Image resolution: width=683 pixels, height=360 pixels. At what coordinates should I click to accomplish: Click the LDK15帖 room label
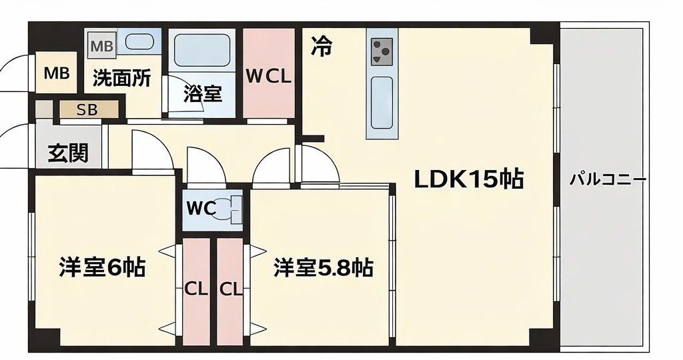pyautogui.click(x=468, y=179)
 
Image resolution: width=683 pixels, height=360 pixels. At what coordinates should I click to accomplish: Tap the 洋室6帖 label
pyautogui.click(x=102, y=268)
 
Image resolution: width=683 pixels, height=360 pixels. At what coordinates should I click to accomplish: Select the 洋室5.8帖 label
pyautogui.click(x=323, y=268)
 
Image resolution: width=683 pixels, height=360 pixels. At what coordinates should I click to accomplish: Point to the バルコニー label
pyautogui.click(x=608, y=179)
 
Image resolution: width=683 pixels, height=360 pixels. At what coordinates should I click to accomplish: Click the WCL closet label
pyautogui.click(x=269, y=76)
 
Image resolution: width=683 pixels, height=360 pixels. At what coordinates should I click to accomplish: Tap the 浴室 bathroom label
pyautogui.click(x=203, y=94)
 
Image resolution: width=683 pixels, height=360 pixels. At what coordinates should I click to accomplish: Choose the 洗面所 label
pyautogui.click(x=121, y=78)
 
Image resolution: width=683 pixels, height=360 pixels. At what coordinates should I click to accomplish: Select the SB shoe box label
pyautogui.click(x=87, y=109)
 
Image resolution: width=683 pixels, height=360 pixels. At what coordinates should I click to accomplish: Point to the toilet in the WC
pyautogui.click(x=233, y=209)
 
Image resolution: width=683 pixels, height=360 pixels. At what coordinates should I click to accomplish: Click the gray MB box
pyautogui.click(x=102, y=46)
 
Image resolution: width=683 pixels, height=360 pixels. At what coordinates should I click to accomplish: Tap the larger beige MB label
pyautogui.click(x=57, y=73)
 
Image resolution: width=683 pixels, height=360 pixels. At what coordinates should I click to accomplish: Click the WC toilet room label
pyautogui.click(x=201, y=208)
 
